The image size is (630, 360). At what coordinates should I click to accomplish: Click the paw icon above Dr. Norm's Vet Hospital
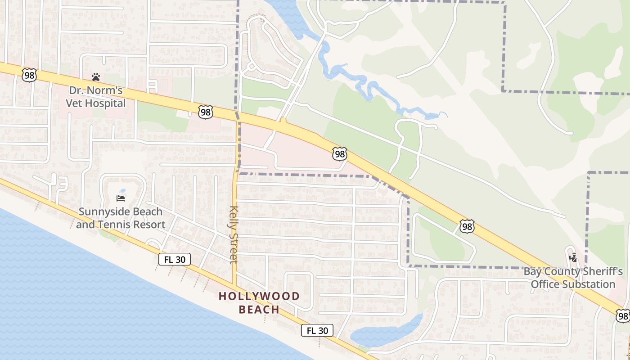click(x=95, y=77)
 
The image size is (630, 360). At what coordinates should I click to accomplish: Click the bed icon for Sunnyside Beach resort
click(x=121, y=198)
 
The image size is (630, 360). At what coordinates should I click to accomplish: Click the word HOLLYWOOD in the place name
click(x=259, y=296)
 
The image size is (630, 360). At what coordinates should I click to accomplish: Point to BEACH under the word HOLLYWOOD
click(x=259, y=310)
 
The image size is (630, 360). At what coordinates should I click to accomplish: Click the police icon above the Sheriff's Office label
click(x=573, y=258)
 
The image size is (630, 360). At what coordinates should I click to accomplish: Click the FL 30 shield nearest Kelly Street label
click(x=175, y=259)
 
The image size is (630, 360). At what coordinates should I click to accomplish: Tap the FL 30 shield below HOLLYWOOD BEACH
click(x=317, y=330)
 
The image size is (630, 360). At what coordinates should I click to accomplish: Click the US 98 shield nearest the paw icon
click(x=29, y=75)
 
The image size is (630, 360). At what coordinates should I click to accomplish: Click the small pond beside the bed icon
click(x=122, y=191)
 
